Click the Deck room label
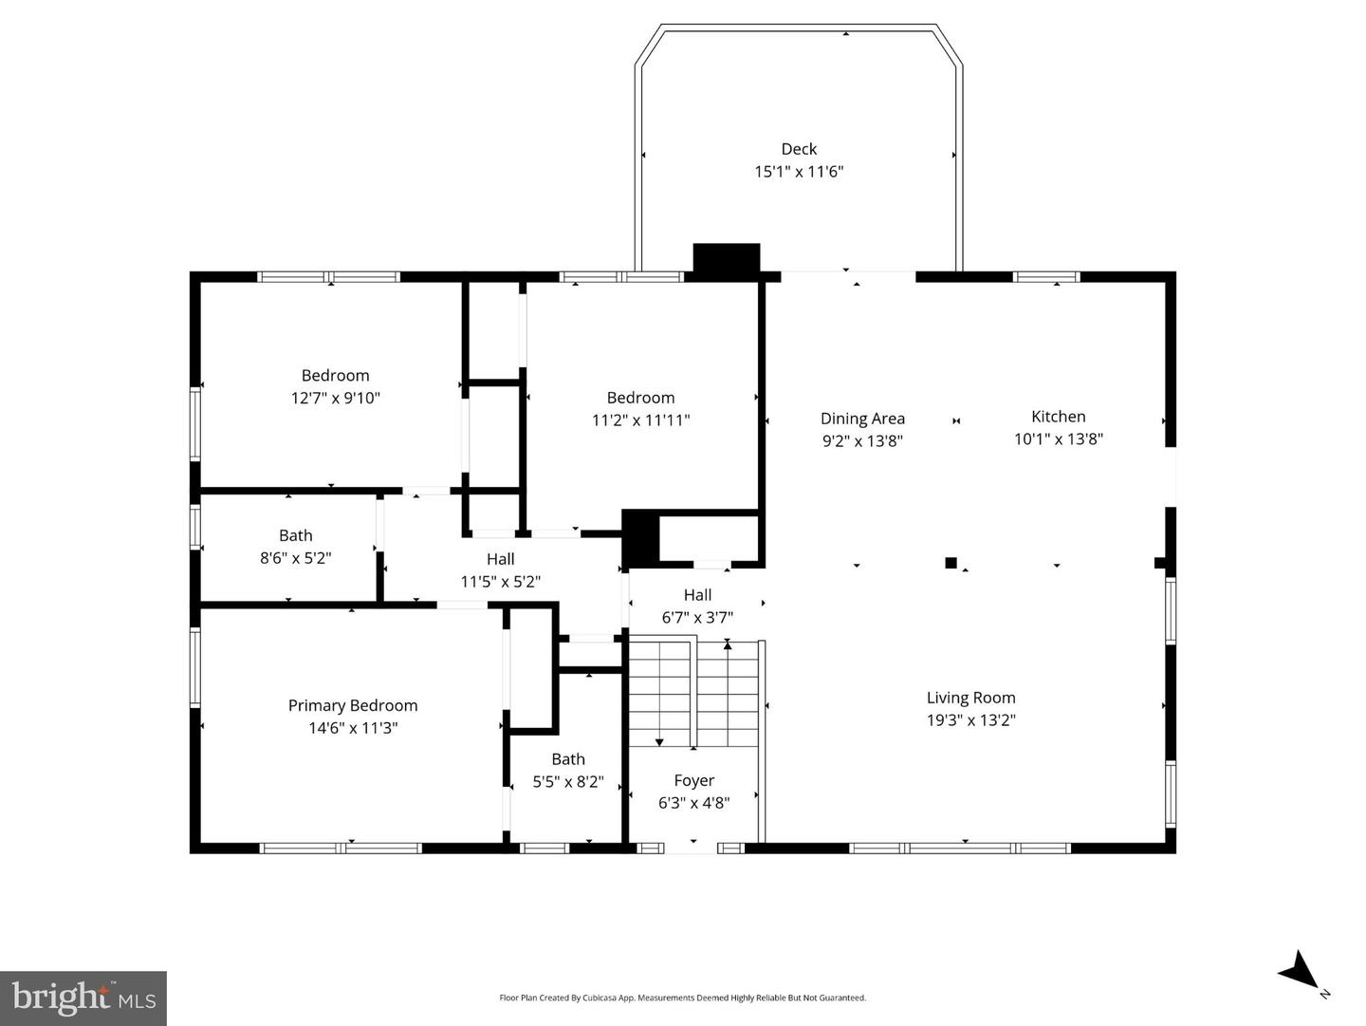click(x=799, y=149)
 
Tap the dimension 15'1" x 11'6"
click(x=799, y=172)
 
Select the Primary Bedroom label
click(x=353, y=705)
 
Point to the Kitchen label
click(x=1058, y=416)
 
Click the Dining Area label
click(x=862, y=419)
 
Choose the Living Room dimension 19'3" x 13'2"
click(x=970, y=720)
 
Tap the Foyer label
click(x=693, y=780)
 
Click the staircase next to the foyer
click(x=694, y=693)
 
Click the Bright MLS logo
click(x=83, y=998)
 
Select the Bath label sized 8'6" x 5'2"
click(x=295, y=535)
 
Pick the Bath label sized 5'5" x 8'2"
click(x=568, y=758)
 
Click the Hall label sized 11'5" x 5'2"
click(x=500, y=559)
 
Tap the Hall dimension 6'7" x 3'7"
click(x=697, y=618)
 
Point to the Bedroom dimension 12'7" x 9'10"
click(x=335, y=399)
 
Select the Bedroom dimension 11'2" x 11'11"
click(x=640, y=420)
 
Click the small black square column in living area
click(x=951, y=563)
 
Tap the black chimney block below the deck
click(x=727, y=260)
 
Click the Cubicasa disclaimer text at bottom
click(x=682, y=998)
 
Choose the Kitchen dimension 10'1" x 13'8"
click(x=1058, y=438)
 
